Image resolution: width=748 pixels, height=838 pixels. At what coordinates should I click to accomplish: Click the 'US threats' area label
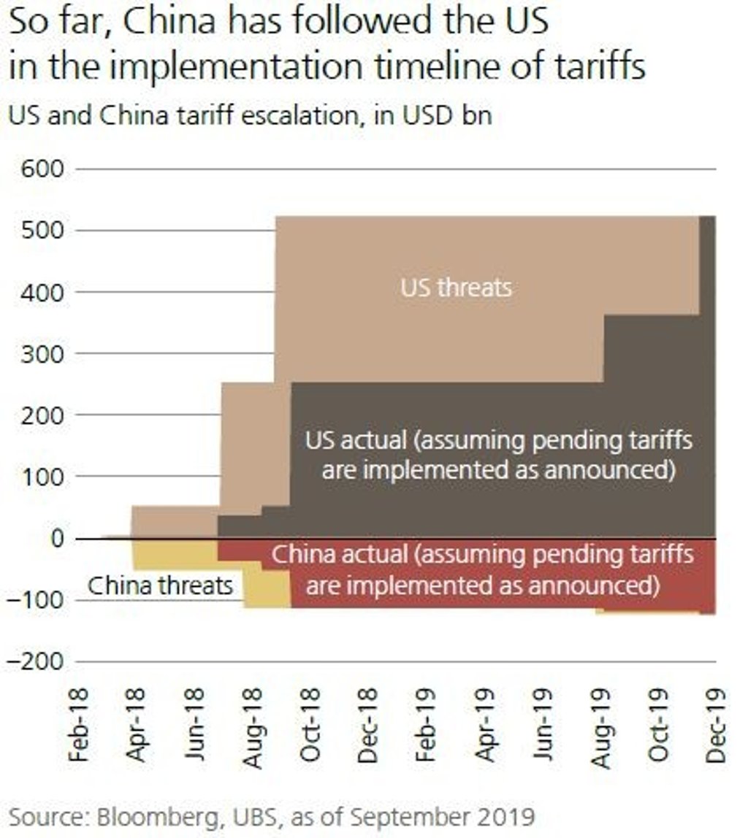point(456,288)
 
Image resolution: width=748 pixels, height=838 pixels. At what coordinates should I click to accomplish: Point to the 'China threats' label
point(161,585)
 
